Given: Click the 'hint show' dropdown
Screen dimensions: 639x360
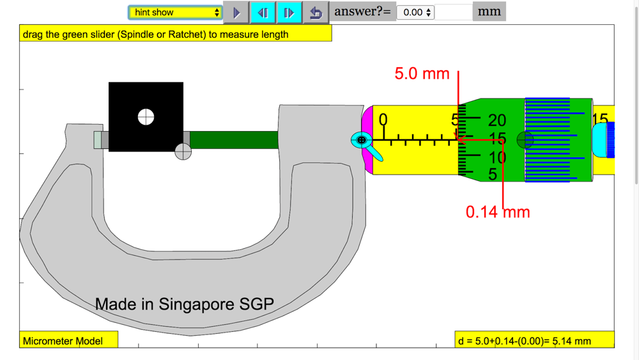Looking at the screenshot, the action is coord(175,12).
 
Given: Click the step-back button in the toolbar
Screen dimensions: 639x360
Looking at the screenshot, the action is coord(263,13).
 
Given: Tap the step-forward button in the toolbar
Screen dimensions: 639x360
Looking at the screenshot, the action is coord(289,13).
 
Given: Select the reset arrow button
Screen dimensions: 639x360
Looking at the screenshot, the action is coord(316,13).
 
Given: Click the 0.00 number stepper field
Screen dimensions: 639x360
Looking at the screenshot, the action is coord(415,12).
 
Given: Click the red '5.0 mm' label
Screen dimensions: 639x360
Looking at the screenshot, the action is coord(422,74).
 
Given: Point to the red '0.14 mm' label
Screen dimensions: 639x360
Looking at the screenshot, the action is coord(498,212).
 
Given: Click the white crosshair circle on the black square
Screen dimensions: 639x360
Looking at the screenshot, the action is coord(146,117).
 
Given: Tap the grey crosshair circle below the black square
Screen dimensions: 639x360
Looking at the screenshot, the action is coord(183,152).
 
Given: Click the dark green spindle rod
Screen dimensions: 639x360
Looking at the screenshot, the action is coord(234,140).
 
